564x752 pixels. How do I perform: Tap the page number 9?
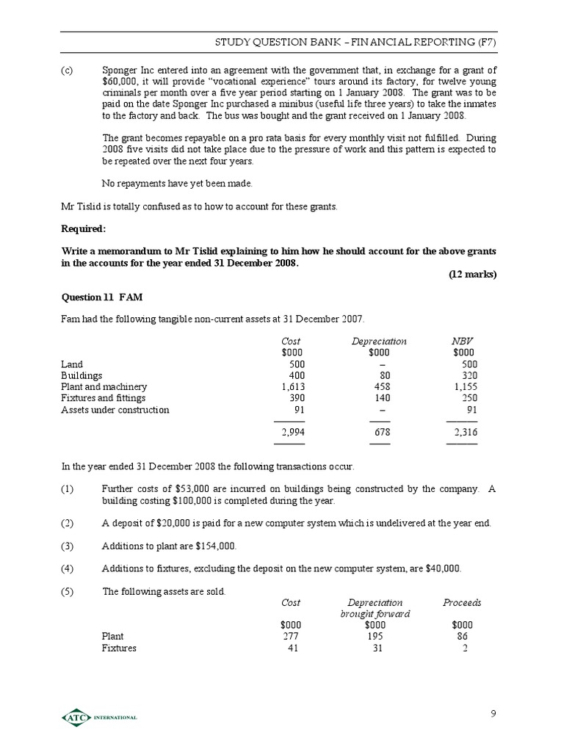pyautogui.click(x=493, y=713)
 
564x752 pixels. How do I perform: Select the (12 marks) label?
pyautogui.click(x=472, y=274)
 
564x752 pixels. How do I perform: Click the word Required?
pyautogui.click(x=83, y=228)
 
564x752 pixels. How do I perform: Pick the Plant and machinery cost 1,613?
pyautogui.click(x=293, y=386)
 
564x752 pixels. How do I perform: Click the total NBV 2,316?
pyautogui.click(x=466, y=433)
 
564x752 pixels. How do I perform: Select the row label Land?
pyautogui.click(x=71, y=364)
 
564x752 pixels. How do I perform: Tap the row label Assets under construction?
pyautogui.click(x=115, y=410)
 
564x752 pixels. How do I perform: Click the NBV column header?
pyautogui.click(x=461, y=341)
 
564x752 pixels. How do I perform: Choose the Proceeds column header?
pyautogui.click(x=462, y=602)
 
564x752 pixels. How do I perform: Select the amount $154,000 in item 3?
pyautogui.click(x=214, y=546)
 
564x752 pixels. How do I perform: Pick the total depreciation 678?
pyautogui.click(x=381, y=433)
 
